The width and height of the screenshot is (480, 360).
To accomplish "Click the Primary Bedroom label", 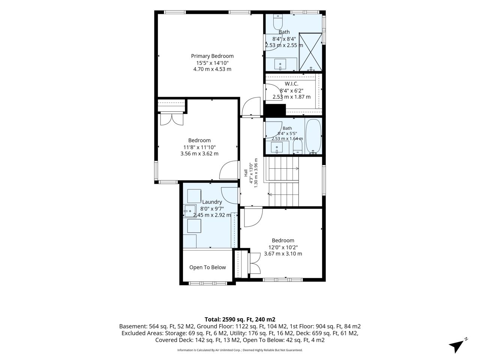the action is coord(212,56).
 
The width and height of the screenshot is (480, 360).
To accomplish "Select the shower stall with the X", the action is coord(310,52).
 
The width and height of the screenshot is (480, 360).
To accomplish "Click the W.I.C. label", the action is coord(291,84).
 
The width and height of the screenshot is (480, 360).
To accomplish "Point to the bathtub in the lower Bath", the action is coord(313,136).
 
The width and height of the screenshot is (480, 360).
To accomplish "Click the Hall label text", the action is coord(246,173).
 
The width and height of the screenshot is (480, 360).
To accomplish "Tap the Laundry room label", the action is coord(212,202).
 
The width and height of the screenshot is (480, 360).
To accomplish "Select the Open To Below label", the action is coord(207,267).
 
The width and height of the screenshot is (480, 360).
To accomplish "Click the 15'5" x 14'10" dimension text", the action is coord(212,63).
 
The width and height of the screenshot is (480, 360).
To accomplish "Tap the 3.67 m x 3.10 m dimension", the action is coord(283,253).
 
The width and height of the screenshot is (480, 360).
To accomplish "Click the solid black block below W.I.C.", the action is coord(274,110).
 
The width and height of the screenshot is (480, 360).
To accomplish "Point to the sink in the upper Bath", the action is coord(280,64).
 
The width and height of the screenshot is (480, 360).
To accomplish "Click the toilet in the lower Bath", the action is coord(298,146).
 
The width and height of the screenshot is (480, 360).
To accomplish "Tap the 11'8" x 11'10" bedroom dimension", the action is coord(199,147).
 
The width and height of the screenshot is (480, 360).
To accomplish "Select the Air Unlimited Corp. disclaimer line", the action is coord(240,350).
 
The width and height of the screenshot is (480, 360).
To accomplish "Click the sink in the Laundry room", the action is coord(190,211).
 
